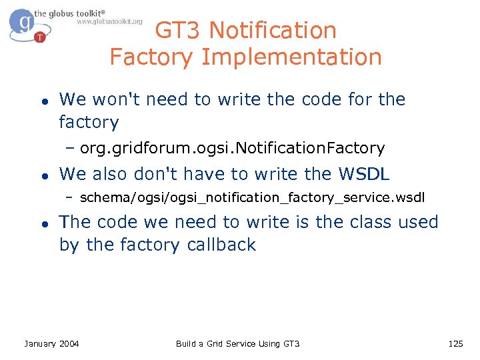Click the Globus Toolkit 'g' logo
(x=25, y=24)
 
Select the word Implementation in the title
(x=291, y=57)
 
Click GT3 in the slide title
(x=179, y=31)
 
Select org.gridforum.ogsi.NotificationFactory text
(x=232, y=148)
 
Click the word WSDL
(x=364, y=174)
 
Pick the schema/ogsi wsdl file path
(x=251, y=198)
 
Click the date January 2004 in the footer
(x=51, y=343)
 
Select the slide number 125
(x=455, y=343)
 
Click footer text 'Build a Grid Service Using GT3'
(x=237, y=343)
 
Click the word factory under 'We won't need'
(x=89, y=123)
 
